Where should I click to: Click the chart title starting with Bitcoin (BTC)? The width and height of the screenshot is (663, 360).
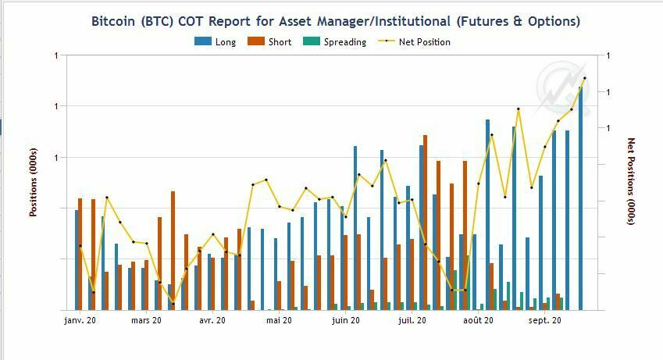(x=336, y=21)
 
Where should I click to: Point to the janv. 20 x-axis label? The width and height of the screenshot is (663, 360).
(x=80, y=320)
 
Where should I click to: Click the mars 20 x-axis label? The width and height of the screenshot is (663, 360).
(x=146, y=320)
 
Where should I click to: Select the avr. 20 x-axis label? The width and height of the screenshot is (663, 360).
(x=212, y=320)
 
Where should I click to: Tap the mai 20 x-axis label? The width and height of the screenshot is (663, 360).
(x=279, y=320)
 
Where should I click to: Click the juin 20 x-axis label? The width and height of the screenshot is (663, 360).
(x=346, y=320)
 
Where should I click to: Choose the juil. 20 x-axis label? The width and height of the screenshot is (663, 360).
(x=412, y=320)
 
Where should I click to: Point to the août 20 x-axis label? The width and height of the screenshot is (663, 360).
(x=478, y=320)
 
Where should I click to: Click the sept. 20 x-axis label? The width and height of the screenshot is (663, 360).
(x=545, y=320)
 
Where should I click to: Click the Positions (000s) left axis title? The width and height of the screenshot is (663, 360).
(x=34, y=182)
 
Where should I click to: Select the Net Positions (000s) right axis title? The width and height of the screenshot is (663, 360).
(x=631, y=182)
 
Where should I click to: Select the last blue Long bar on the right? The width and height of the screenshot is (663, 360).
(x=581, y=195)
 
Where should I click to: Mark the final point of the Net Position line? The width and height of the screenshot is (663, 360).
(x=585, y=78)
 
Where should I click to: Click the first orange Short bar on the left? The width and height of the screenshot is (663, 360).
(x=80, y=254)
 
